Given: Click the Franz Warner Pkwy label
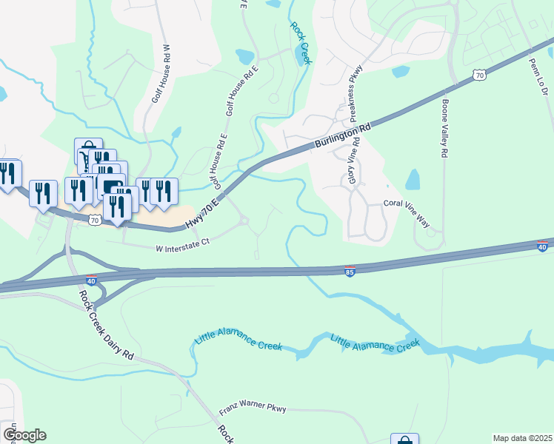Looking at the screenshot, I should click(252, 409).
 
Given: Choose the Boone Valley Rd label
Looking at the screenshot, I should click(445, 128).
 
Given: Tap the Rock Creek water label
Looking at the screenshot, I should click(301, 42).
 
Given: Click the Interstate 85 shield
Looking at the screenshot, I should click(350, 272).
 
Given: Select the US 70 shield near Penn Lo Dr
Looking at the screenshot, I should click(480, 75).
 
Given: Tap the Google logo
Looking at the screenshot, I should click(24, 435).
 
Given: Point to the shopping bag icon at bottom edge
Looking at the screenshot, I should click(404, 440).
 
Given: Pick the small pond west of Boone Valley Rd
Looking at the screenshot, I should click(413, 179).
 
